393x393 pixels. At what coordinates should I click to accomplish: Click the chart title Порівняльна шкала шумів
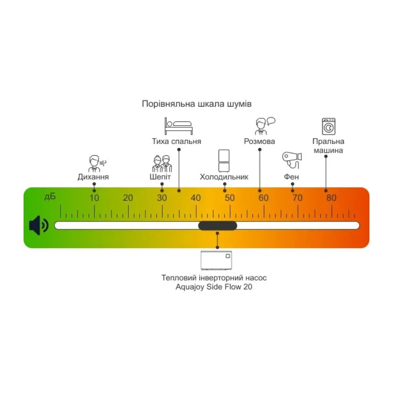196,104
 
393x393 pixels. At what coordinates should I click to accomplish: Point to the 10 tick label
94,198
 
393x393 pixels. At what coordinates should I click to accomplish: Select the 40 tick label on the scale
196,198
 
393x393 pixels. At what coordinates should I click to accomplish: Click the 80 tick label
332,198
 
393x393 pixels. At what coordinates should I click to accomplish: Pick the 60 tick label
264,198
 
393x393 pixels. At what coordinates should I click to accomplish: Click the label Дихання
93,177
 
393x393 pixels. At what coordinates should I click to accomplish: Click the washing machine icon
328,126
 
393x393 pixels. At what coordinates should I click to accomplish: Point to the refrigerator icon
224,160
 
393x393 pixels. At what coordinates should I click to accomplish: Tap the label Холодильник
224,177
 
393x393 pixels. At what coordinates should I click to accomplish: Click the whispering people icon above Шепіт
162,163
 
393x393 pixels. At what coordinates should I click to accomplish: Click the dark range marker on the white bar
217,225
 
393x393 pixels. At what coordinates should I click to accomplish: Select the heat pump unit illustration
217,260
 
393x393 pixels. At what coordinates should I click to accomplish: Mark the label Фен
291,177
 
